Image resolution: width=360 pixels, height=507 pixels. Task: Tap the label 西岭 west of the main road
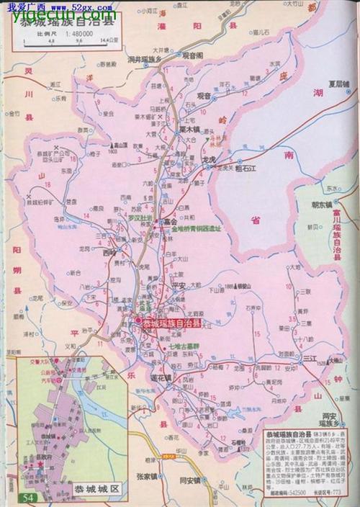tap(109, 253)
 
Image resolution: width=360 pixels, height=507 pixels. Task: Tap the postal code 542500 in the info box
tap(287, 491)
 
